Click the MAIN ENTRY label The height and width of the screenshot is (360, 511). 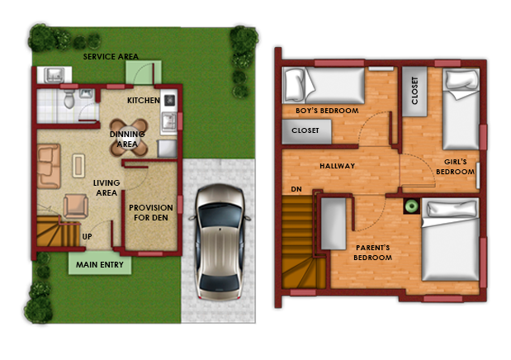100,264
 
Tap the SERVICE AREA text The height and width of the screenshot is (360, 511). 111,57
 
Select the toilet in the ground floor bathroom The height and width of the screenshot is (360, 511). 69,99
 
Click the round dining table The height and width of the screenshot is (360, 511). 129,137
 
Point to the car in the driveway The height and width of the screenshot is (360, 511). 220,242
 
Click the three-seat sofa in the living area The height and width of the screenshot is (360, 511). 49,166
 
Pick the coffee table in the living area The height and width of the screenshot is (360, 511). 78,165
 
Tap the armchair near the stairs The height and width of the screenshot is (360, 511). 76,206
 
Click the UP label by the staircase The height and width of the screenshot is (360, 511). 87,236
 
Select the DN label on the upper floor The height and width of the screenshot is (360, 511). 296,189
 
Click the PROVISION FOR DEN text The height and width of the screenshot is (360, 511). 151,212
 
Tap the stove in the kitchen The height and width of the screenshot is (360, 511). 170,100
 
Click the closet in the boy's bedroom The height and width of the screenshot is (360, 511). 306,131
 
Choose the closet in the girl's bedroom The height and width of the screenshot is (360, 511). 414,92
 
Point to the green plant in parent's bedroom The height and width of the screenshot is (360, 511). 412,206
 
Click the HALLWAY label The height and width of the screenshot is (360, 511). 338,166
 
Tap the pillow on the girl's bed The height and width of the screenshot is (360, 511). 461,80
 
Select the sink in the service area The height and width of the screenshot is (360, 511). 54,75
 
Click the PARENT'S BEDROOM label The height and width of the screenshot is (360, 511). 373,253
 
